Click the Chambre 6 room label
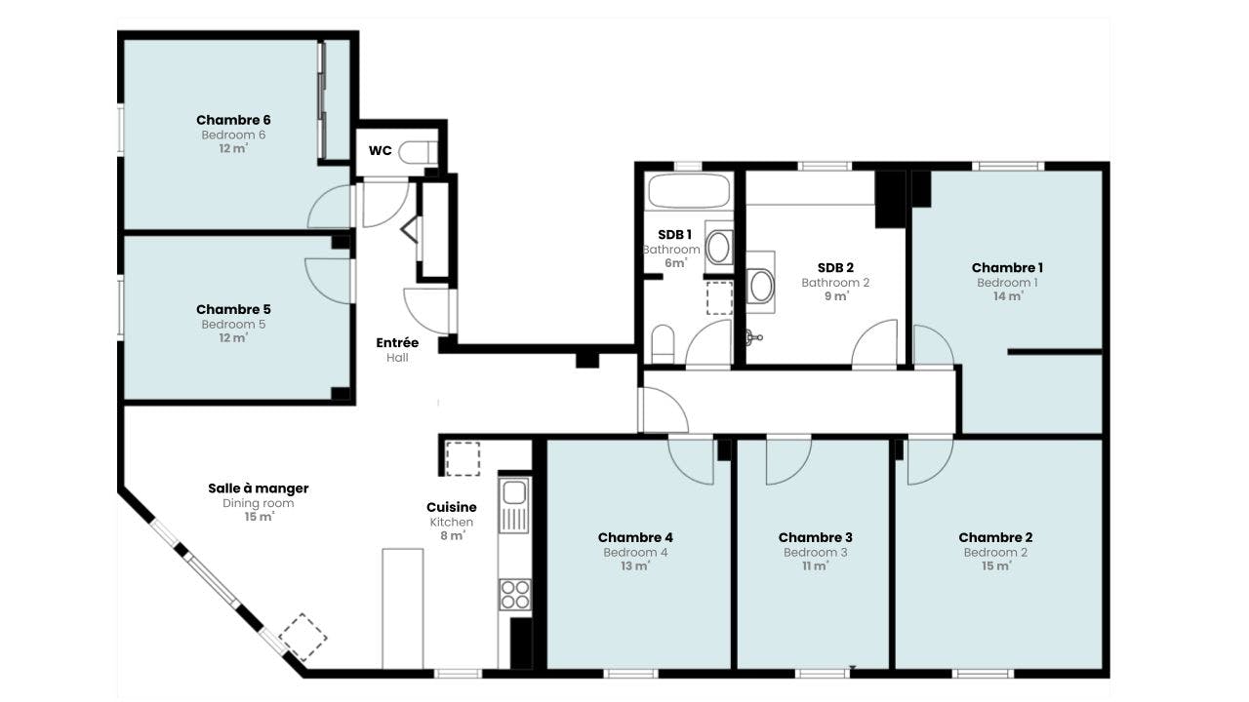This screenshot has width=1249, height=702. [233, 120]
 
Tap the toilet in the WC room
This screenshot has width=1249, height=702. [419, 153]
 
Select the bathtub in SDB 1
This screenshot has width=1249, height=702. [689, 190]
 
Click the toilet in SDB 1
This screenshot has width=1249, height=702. [663, 343]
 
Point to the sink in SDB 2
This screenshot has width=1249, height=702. [761, 286]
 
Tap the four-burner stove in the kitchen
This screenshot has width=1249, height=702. [514, 594]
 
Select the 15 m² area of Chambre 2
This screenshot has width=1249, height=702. [995, 566]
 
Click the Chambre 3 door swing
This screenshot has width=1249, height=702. [786, 459]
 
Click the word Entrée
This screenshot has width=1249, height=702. [397, 343]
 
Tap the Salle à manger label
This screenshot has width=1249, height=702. [258, 488]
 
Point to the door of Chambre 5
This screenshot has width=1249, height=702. [329, 281]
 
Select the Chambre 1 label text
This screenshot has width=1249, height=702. [1007, 268]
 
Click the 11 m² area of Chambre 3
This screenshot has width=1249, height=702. [815, 566]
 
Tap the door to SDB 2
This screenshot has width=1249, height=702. [875, 344]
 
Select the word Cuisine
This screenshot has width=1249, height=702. [451, 507]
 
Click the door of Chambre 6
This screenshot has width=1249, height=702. [331, 207]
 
